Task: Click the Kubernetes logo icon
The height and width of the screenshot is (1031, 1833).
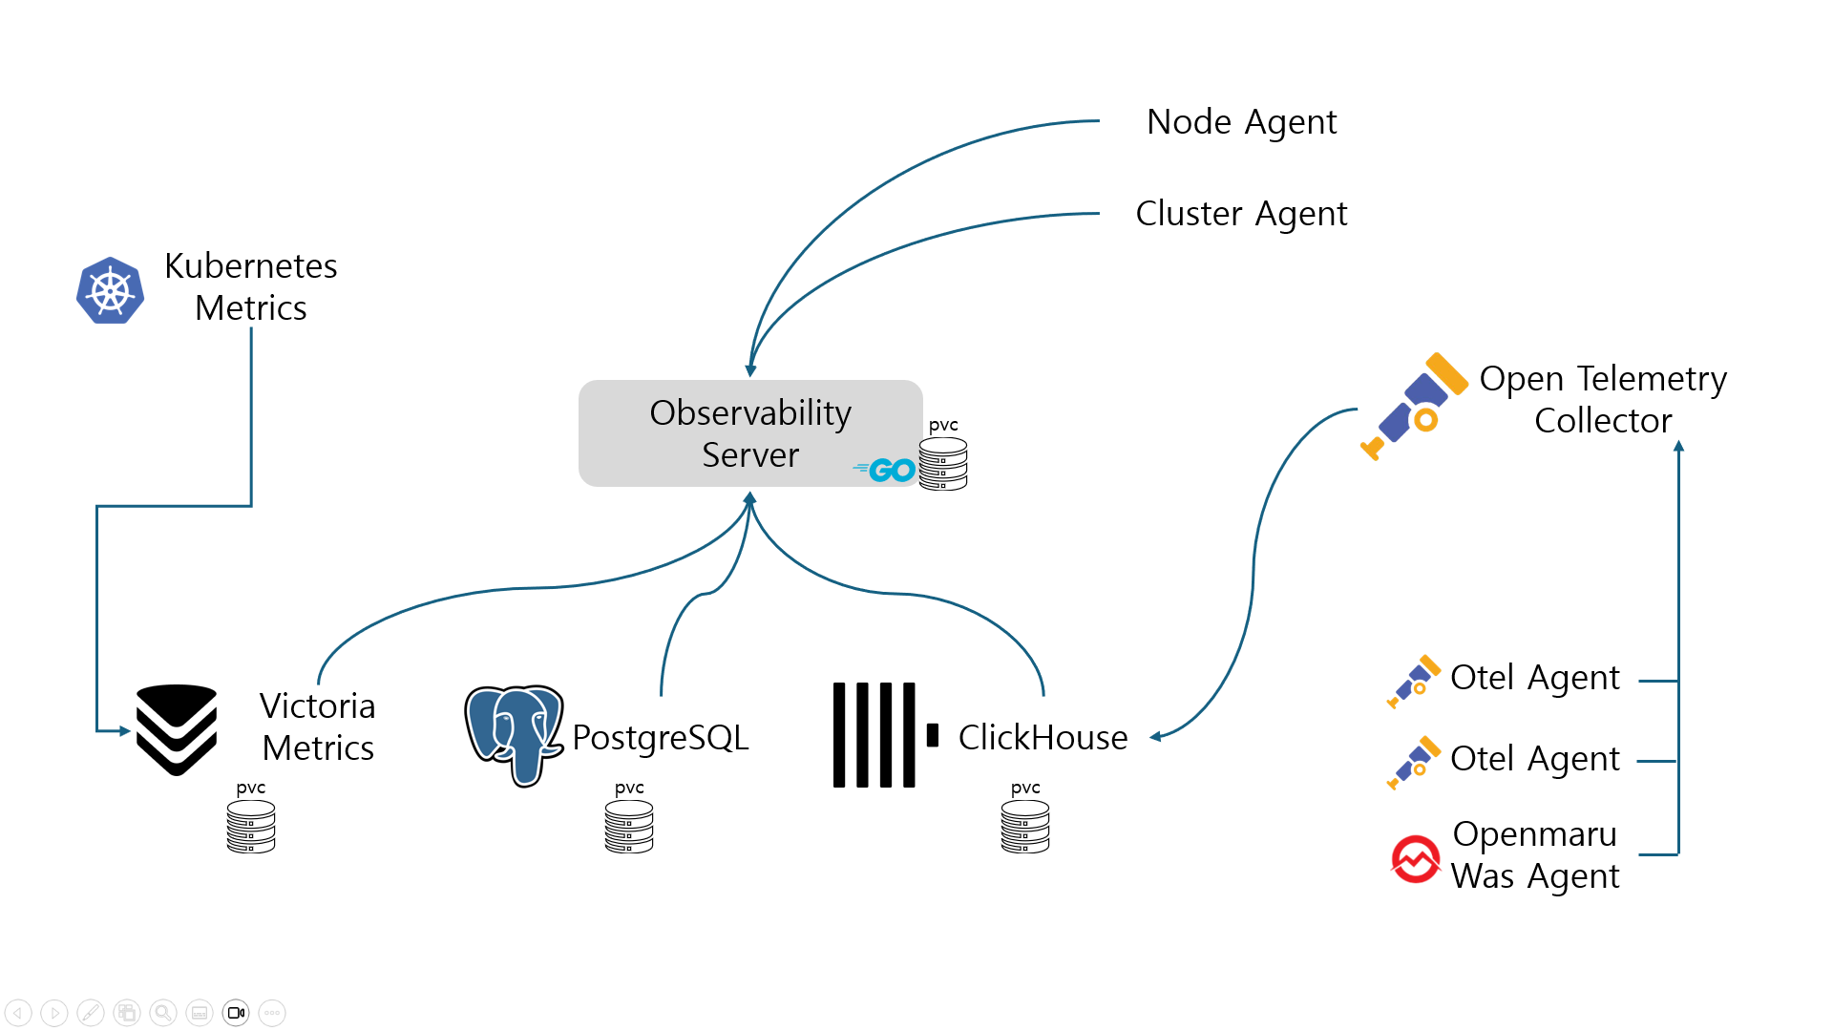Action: [x=111, y=290]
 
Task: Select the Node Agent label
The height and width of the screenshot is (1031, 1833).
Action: [x=1241, y=122]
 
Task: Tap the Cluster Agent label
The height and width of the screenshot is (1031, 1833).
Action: [x=1241, y=214]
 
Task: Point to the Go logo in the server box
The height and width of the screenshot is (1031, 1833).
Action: [x=886, y=470]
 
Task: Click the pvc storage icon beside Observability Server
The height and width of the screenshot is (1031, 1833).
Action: [x=943, y=464]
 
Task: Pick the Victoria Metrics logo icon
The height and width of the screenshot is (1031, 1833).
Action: [x=177, y=730]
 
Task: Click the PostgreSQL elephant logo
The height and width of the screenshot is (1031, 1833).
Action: [x=514, y=733]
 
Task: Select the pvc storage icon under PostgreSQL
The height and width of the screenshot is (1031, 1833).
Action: [x=629, y=826]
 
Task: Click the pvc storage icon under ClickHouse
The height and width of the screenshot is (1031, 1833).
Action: [x=1025, y=826]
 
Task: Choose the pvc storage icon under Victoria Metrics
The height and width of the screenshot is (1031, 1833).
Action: [x=251, y=826]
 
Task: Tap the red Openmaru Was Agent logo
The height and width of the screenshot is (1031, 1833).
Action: [x=1416, y=859]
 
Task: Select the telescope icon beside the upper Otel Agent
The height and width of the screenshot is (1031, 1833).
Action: [x=1414, y=681]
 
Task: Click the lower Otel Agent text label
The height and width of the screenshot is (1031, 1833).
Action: [x=1534, y=759]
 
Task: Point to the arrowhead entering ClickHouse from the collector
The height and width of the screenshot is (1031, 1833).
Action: [x=1156, y=736]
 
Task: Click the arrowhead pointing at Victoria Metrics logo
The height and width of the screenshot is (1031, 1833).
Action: [x=125, y=731]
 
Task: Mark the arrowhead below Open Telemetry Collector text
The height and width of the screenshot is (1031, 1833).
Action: [x=1678, y=446]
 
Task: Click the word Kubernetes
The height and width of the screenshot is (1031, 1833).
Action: [x=251, y=266]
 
